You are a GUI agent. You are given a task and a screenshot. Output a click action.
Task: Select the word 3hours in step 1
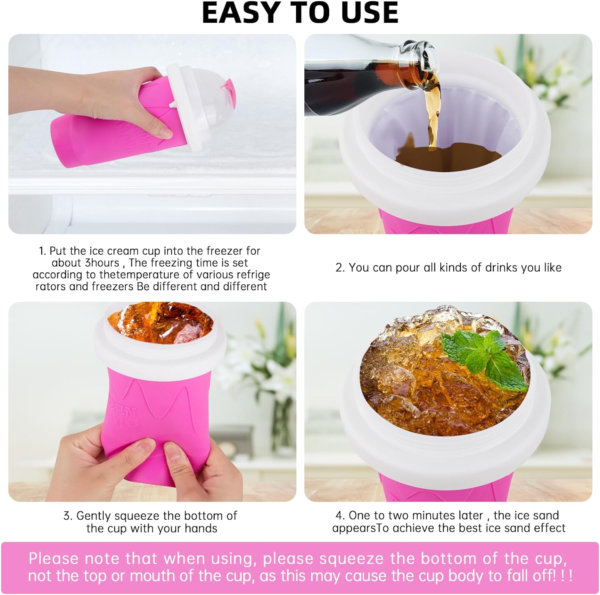[x=102, y=263]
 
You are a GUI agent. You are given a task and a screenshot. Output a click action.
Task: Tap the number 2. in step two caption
[x=340, y=267]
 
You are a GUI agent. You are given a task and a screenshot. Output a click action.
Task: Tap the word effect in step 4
[x=550, y=528]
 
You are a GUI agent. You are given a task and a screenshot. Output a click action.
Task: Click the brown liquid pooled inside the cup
[x=448, y=159]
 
